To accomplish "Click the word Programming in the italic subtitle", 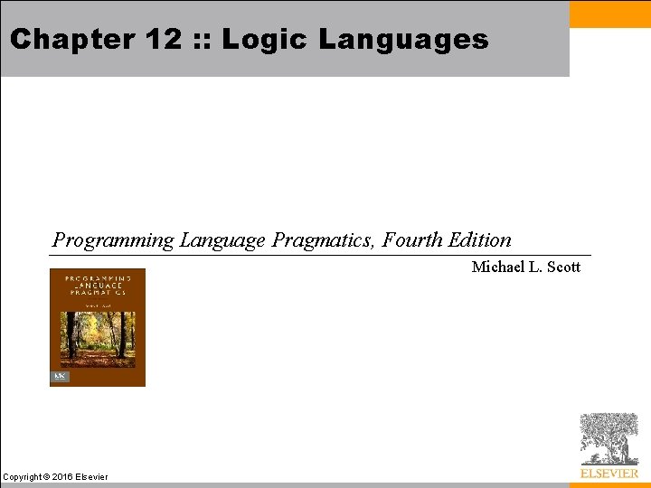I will (x=113, y=240).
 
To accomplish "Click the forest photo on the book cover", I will (x=97, y=338).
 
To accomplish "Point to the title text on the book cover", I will (x=97, y=285).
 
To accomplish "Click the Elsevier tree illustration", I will (x=609, y=438).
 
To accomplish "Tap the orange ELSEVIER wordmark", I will (x=609, y=473).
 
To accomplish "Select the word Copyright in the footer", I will (x=24, y=477).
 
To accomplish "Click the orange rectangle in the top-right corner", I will (x=610, y=14).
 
